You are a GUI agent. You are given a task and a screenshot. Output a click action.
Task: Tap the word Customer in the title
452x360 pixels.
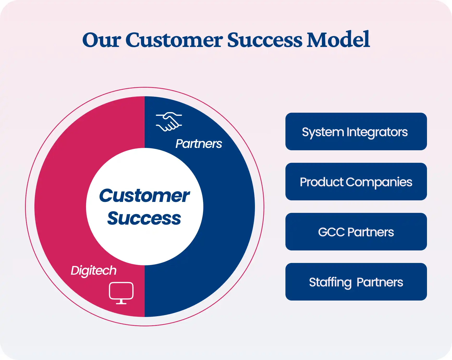click(x=174, y=40)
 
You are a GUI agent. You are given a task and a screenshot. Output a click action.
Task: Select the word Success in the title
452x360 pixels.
click(x=265, y=40)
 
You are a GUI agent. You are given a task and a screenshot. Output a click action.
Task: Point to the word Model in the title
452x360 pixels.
click(x=338, y=39)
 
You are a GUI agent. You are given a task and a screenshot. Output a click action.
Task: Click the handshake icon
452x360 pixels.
click(x=169, y=122)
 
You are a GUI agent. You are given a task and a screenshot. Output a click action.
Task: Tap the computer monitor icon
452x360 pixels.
click(x=121, y=293)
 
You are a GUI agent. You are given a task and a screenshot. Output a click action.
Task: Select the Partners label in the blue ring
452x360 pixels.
click(x=199, y=144)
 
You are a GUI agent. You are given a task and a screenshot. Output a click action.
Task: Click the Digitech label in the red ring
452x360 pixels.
click(x=94, y=271)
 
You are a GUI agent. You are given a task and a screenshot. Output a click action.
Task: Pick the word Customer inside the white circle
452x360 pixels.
click(x=144, y=196)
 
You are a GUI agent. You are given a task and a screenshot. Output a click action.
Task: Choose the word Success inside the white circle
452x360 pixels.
click(x=144, y=218)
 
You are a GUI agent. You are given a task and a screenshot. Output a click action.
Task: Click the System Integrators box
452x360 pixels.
click(x=356, y=131)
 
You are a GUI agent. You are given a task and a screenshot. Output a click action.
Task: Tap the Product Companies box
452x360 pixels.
click(x=356, y=182)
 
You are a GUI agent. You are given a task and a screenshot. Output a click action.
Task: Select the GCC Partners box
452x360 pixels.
click(x=356, y=232)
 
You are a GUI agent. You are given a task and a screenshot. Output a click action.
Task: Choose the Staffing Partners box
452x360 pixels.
click(x=356, y=282)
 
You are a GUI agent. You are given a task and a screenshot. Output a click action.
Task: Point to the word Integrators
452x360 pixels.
click(x=377, y=132)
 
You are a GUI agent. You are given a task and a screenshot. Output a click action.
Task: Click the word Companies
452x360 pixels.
click(x=379, y=182)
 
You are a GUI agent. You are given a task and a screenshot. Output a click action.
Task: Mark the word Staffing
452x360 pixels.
click(x=330, y=283)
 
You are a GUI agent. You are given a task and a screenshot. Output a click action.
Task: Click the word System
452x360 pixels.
click(x=323, y=133)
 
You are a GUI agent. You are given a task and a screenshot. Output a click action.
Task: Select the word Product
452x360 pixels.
click(x=322, y=182)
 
